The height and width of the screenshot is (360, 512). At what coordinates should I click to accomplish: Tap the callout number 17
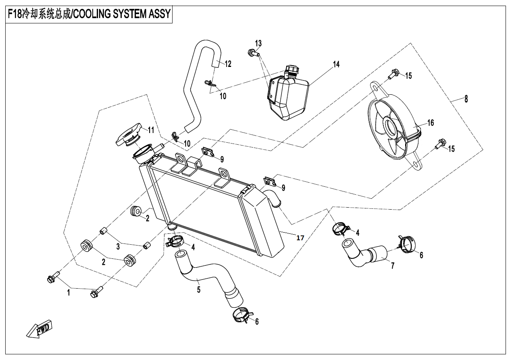coord(300,238)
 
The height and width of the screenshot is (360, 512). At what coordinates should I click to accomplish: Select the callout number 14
coord(336,64)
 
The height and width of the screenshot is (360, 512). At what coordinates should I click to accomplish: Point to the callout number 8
coord(466,99)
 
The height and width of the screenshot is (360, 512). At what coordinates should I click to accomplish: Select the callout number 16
coord(431,123)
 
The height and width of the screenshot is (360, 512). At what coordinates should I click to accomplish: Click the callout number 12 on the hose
coord(228,64)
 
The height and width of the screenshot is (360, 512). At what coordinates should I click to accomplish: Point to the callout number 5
coord(199,289)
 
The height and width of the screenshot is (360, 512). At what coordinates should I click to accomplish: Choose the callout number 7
coord(392,265)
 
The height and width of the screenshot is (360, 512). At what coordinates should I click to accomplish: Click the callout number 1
coord(69,293)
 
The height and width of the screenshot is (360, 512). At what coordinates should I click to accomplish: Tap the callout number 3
coord(118,246)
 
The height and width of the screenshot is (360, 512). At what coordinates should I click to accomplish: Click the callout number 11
coord(151,130)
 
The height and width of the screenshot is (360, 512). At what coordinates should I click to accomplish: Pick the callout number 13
coord(258,43)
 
